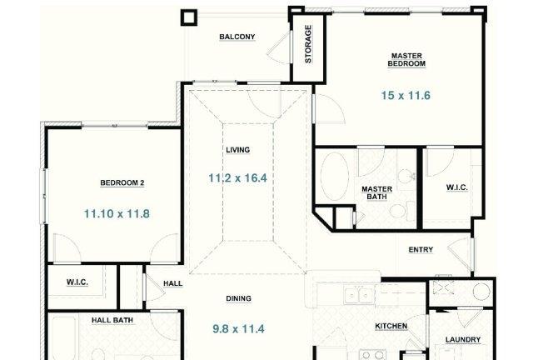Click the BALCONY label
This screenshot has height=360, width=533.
tap(237, 37)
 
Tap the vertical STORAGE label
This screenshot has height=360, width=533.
tap(308, 44)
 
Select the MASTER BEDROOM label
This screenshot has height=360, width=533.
tap(406, 59)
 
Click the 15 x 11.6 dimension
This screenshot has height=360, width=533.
tap(406, 96)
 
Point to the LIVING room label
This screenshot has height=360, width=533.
tap(238, 150)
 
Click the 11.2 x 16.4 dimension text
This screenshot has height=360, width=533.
tap(237, 178)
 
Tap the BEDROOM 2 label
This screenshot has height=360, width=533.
tap(122, 182)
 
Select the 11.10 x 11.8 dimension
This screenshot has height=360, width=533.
tap(117, 213)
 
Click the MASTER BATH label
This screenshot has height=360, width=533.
tap(376, 193)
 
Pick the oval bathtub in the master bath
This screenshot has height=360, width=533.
tap(335, 176)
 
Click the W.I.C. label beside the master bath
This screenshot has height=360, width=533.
tap(457, 187)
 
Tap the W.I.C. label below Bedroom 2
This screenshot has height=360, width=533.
tap(77, 282)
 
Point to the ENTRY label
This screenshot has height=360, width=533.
tap(421, 250)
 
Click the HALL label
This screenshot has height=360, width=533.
tap(172, 283)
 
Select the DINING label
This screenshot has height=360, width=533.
tap(239, 298)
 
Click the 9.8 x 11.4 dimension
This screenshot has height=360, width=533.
tap(238, 329)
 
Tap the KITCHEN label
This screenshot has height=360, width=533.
tap(391, 326)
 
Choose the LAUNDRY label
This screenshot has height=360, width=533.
tap(463, 340)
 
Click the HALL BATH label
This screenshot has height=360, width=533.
tap(112, 320)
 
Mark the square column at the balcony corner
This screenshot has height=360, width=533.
tap(189, 17)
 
